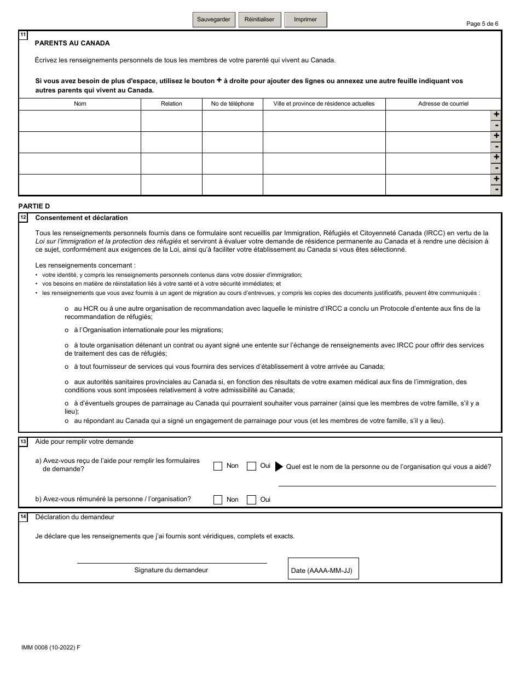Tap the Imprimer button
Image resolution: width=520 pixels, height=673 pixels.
pyautogui.click(x=305, y=20)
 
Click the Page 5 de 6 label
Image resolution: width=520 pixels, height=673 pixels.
pyautogui.click(x=482, y=24)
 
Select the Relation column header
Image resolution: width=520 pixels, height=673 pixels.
pyautogui.click(x=171, y=103)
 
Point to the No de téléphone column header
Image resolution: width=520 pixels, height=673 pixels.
pyautogui.click(x=233, y=103)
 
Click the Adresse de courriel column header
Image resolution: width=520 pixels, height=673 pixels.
pyautogui.click(x=443, y=103)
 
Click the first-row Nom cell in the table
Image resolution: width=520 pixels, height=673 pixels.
pyautogui.click(x=80, y=121)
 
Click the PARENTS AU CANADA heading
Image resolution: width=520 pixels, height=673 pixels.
pyautogui.click(x=72, y=43)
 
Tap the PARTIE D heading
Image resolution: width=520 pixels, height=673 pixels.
pyautogui.click(x=34, y=206)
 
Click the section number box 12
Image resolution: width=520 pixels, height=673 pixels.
pyautogui.click(x=23, y=218)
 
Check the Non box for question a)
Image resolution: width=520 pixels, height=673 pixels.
pyautogui.click(x=218, y=466)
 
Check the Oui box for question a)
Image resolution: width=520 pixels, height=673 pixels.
pyautogui.click(x=252, y=466)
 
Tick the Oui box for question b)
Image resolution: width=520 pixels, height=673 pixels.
pyautogui.click(x=252, y=500)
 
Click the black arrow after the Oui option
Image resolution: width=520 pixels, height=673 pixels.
pyautogui.click(x=279, y=467)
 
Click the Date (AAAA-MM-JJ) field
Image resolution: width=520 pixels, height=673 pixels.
pyautogui.click(x=323, y=569)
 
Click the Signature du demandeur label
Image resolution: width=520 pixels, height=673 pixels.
pyautogui.click(x=171, y=570)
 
